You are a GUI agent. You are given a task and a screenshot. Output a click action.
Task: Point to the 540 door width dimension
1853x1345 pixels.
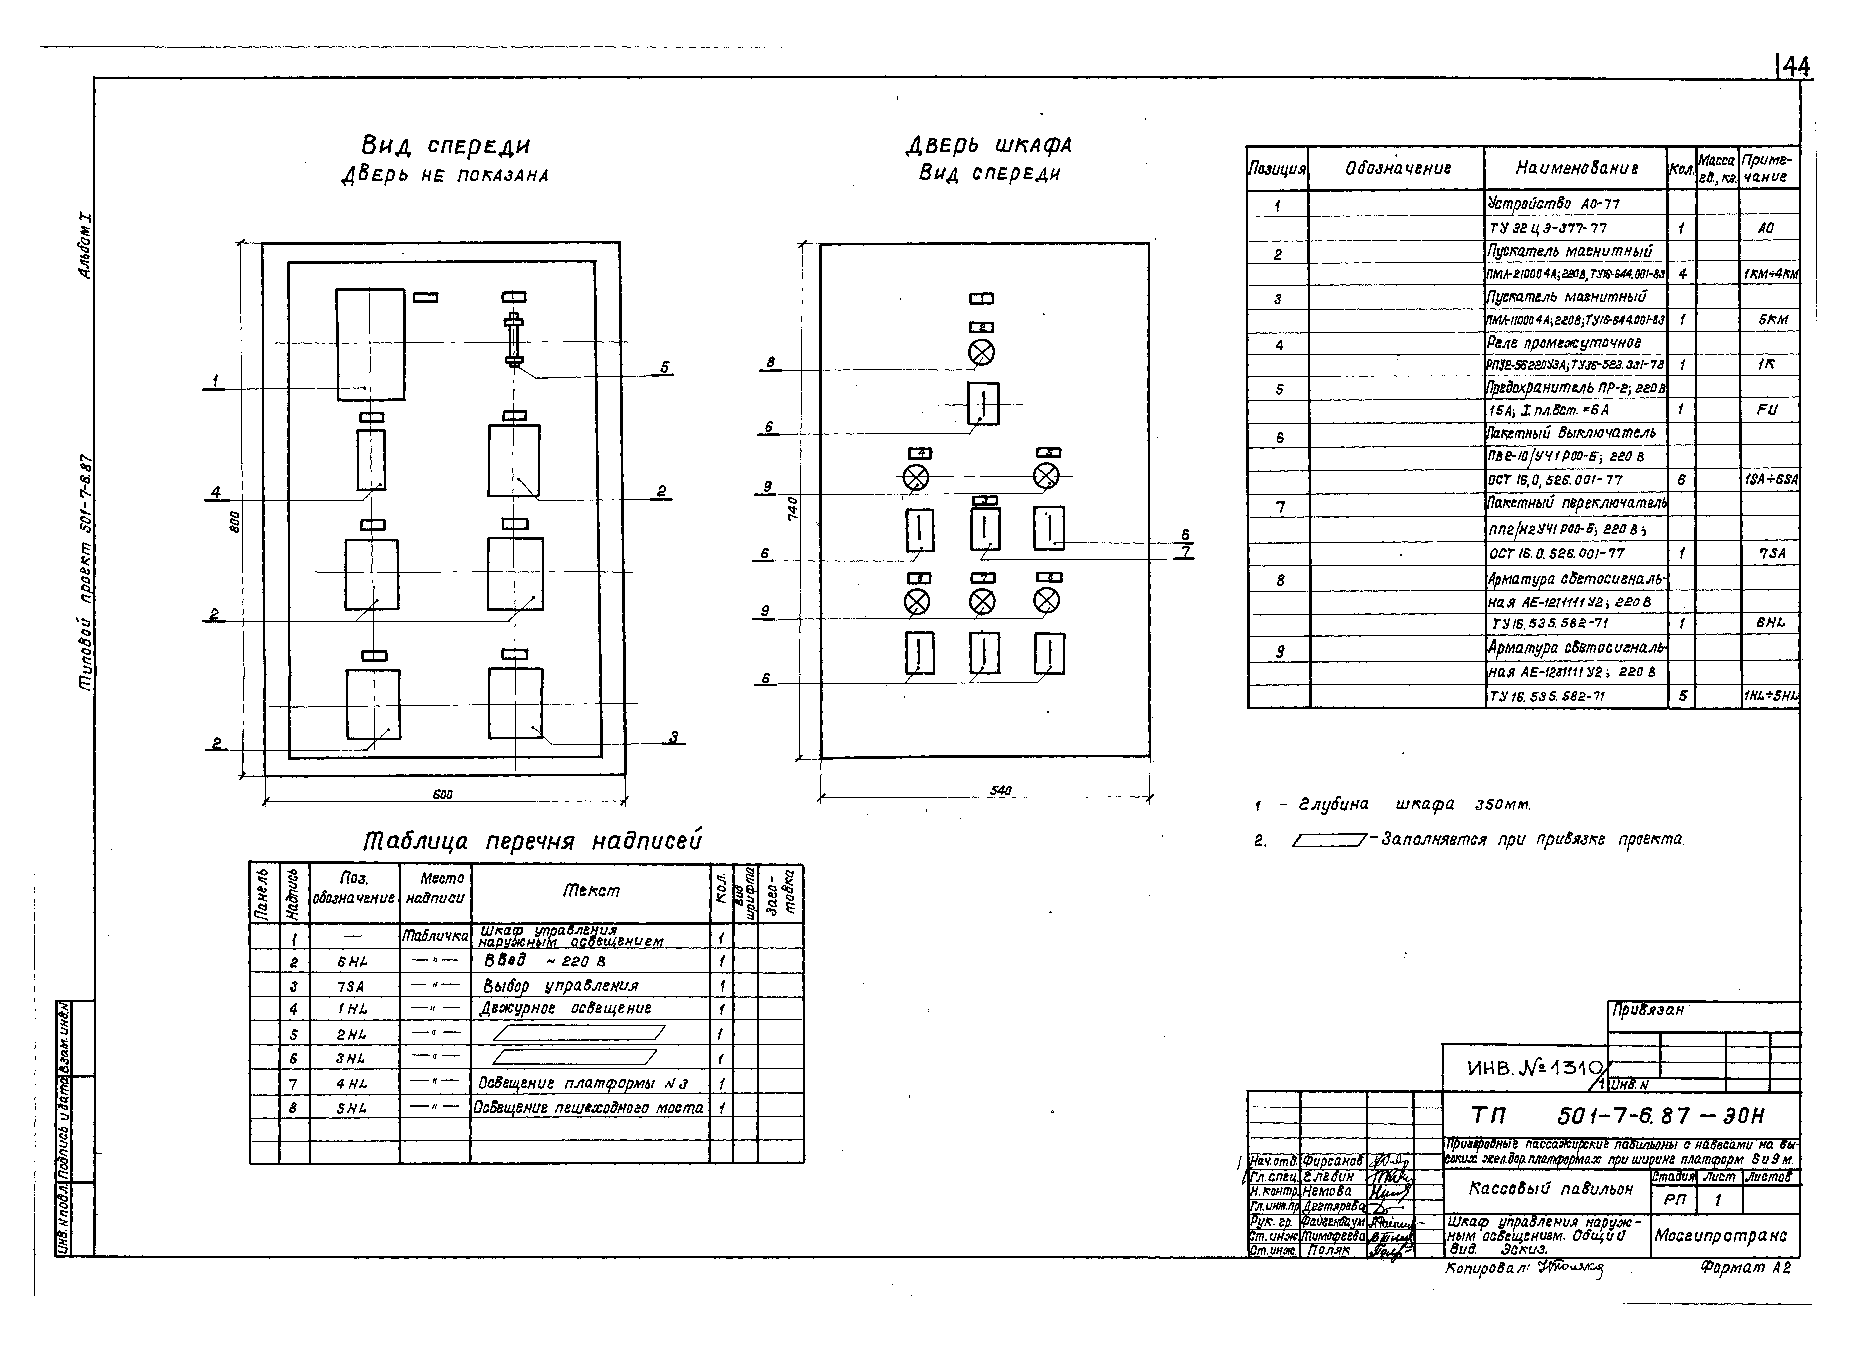tap(1000, 790)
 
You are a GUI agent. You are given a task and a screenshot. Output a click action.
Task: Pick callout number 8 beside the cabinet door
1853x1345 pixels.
tap(770, 362)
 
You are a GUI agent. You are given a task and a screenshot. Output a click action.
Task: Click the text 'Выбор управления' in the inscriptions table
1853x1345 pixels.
tap(560, 985)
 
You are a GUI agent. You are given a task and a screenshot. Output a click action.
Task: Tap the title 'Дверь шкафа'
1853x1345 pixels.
tap(989, 145)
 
